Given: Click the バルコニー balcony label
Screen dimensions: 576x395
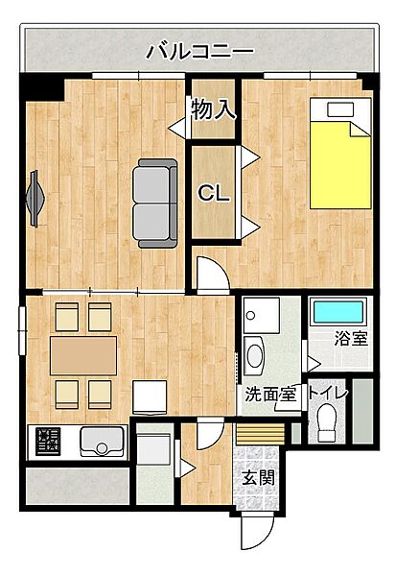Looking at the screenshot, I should pos(199,51).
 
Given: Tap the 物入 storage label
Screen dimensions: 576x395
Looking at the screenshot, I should pos(213,108).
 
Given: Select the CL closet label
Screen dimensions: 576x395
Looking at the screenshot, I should pos(213,193).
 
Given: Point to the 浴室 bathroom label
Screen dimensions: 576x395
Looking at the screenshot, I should pos(350,338).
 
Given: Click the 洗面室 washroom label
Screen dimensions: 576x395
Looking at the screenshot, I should pos(270,393).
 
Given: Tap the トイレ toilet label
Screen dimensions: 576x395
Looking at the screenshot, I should pos(328,392).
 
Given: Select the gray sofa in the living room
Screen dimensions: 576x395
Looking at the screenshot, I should pos(155,202).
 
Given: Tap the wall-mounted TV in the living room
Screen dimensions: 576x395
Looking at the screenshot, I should pos(35,197).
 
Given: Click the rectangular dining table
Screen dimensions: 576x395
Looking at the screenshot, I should pos(83,355).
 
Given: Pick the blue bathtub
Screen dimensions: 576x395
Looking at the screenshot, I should pos(338,312).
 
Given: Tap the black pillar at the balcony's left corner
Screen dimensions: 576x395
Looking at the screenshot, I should pos(42,88).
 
